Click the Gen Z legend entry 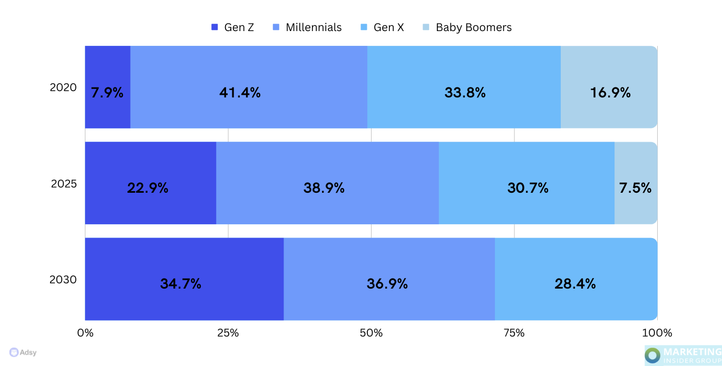(232, 27)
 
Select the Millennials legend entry (307, 27)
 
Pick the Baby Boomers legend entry (467, 27)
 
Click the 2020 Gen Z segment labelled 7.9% (108, 93)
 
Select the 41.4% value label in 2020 (240, 93)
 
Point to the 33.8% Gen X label (465, 93)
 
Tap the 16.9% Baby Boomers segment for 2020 (610, 93)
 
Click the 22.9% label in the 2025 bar (148, 188)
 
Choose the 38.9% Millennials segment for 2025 (324, 188)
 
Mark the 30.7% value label (528, 188)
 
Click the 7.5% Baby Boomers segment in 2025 (636, 188)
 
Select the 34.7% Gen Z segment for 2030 (181, 284)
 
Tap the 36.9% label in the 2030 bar (387, 284)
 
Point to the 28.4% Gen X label (575, 284)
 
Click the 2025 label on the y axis (64, 184)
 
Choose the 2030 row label (63, 280)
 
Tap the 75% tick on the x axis (514, 333)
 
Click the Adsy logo (23, 352)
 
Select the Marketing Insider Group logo (683, 355)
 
